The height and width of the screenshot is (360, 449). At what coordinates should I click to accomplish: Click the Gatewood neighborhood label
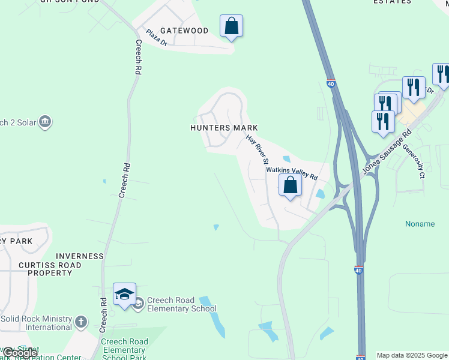coord(184,31)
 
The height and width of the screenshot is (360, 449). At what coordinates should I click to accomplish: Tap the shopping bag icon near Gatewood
coord(231,26)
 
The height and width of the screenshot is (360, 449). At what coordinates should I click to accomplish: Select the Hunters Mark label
coord(224,128)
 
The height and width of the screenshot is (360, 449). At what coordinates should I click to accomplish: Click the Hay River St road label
coord(257,149)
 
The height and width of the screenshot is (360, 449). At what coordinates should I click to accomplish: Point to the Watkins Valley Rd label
coord(292,173)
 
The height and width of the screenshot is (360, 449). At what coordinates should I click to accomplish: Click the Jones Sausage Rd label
coord(387,152)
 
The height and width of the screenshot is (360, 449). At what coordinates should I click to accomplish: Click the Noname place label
coord(420,224)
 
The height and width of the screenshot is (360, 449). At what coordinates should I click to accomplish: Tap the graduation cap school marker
coord(124,294)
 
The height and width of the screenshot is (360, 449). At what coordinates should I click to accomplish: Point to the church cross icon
coord(81,323)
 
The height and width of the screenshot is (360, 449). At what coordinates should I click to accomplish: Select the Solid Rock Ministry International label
coord(36,323)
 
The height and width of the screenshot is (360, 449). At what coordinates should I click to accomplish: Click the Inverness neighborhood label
coord(80,256)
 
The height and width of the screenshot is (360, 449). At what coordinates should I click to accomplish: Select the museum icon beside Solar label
coord(45,122)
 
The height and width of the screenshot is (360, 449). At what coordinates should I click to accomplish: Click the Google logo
coord(19,353)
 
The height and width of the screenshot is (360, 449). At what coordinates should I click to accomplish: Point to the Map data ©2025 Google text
coord(412,355)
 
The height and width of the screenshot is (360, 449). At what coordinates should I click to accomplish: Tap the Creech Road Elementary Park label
coord(124,350)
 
